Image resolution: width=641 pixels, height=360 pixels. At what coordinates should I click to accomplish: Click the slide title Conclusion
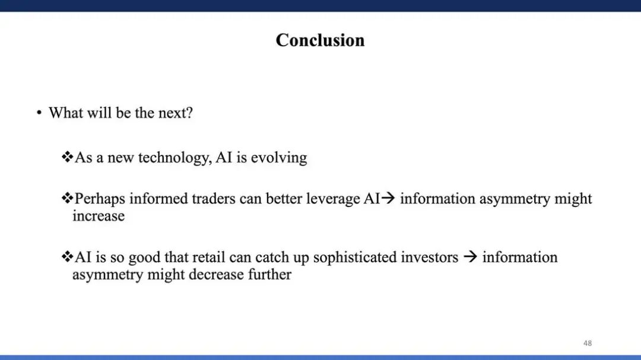(x=320, y=40)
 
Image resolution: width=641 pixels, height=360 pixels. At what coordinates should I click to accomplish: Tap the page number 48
(x=588, y=343)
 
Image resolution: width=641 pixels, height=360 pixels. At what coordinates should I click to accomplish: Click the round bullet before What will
(x=39, y=112)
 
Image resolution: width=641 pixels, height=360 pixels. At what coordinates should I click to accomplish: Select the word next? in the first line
(x=175, y=113)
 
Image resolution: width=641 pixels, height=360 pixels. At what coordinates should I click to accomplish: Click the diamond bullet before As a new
(x=67, y=157)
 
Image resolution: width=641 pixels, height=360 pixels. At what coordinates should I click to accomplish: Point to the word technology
(x=175, y=158)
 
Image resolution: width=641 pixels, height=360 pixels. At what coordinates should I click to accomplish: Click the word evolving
(x=279, y=158)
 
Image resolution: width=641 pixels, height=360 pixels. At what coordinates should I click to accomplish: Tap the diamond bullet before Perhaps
(x=67, y=198)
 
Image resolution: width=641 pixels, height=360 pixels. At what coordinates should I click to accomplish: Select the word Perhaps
(x=100, y=199)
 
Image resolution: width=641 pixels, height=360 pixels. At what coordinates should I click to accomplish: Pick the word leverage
(x=333, y=199)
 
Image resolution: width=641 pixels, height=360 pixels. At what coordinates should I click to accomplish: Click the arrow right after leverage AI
(x=388, y=198)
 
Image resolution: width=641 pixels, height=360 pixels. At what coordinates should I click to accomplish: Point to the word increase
(x=99, y=216)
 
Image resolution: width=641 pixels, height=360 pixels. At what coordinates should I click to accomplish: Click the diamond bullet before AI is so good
(x=67, y=257)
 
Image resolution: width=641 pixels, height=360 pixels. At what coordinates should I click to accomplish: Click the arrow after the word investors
(x=471, y=257)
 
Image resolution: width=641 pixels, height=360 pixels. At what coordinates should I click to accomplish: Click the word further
(x=270, y=274)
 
